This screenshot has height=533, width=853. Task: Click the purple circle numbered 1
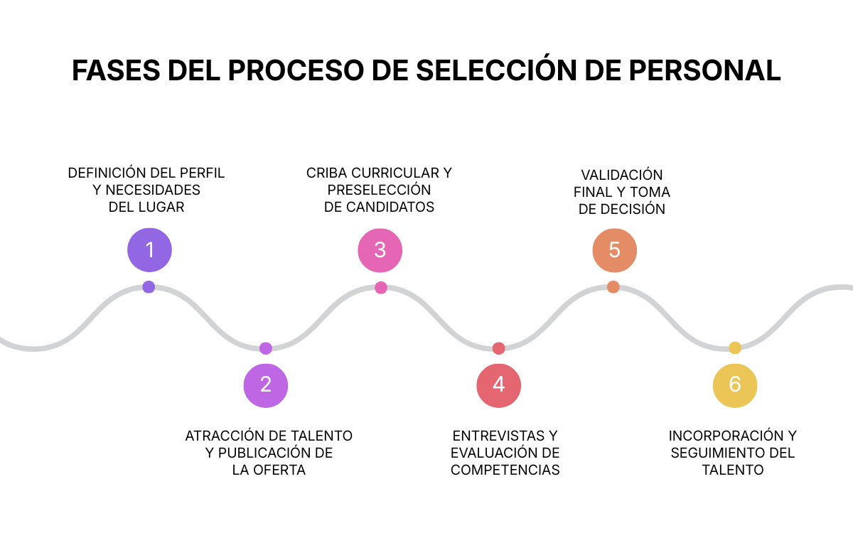(x=149, y=249)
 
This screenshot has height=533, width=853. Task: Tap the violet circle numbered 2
(x=266, y=384)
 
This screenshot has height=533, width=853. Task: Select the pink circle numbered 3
(x=380, y=249)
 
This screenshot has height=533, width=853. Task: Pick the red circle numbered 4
(x=498, y=384)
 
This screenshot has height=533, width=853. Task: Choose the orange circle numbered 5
(x=614, y=249)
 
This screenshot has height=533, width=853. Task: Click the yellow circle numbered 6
(x=735, y=384)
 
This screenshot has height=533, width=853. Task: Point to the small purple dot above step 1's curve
(x=149, y=287)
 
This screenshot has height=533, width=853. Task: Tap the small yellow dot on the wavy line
(x=735, y=348)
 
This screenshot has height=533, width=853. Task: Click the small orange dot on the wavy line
(x=613, y=287)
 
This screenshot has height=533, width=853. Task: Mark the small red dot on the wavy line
(x=498, y=348)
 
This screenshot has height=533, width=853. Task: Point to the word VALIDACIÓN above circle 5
(x=621, y=175)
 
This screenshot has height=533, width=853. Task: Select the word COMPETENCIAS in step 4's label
(x=505, y=470)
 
